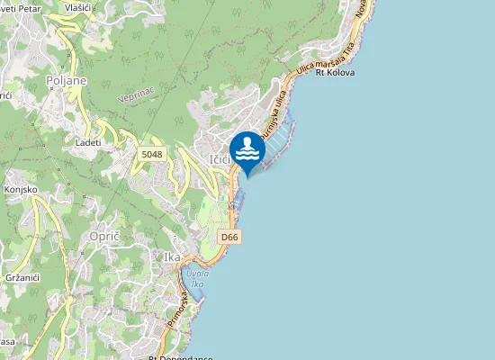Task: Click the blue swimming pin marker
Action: coord(246,149)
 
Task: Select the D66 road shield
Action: coord(229,237)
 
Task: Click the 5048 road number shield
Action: coord(151,155)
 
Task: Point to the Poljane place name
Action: coord(66,80)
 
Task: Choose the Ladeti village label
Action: coord(88,142)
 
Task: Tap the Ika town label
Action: coord(172,257)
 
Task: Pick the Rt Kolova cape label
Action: coord(335,72)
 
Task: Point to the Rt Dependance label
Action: coord(180,356)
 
